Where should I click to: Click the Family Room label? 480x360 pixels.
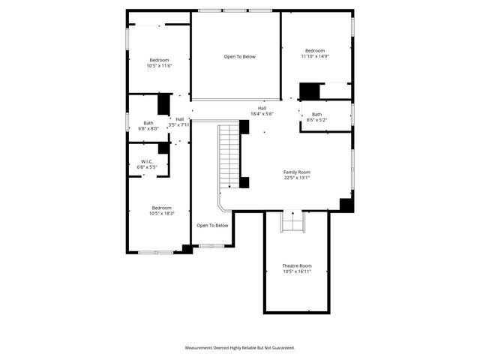296,172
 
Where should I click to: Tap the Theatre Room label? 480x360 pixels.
296,265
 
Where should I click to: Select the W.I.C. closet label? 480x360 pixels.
147,161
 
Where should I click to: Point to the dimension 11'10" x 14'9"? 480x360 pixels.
315,56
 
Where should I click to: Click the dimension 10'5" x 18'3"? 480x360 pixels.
162,214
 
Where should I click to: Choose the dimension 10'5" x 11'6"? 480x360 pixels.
159,66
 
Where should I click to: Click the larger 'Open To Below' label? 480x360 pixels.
240,56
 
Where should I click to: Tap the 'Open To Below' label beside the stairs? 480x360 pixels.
212,225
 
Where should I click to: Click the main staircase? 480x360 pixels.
227,157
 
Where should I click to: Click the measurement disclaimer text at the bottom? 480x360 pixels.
240,347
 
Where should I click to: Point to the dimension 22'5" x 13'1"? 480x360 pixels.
296,178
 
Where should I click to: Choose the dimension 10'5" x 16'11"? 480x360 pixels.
296,271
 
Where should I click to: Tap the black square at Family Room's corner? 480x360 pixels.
346,204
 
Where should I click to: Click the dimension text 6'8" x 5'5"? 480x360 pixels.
147,167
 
